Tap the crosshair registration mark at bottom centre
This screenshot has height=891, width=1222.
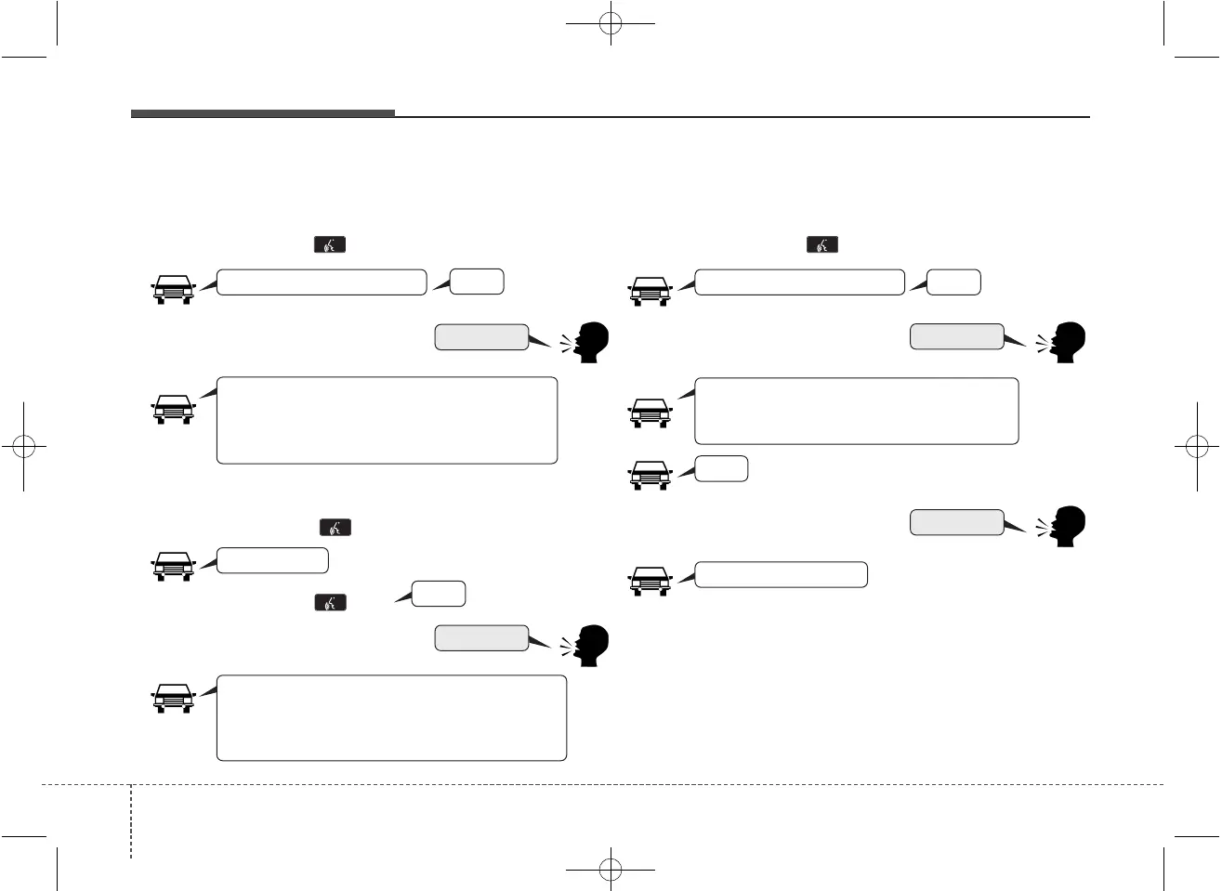610,870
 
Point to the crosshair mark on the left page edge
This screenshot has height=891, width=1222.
23,446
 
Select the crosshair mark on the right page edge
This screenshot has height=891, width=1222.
1197,446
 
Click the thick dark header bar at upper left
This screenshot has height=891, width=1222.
262,113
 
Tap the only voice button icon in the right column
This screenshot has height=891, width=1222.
822,244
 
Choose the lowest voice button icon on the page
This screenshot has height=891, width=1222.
331,602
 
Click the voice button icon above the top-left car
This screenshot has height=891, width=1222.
330,244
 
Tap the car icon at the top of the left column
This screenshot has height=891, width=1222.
173,290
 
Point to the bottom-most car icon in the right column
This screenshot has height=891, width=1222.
650,581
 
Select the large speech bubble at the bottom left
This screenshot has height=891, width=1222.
391,718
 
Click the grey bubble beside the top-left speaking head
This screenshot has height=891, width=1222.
481,337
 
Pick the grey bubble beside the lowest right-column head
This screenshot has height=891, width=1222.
956,522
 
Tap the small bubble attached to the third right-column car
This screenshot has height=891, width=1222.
721,469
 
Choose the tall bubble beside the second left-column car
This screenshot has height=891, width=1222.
387,420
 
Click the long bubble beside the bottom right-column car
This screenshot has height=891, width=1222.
781,574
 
